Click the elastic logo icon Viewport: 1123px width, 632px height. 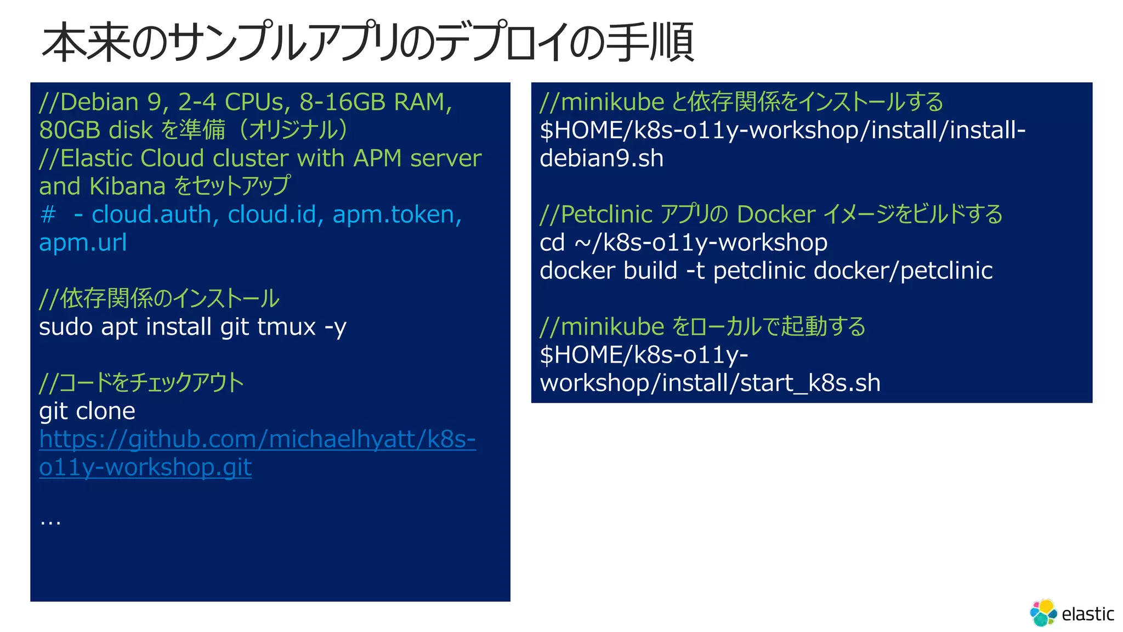[x=1043, y=612]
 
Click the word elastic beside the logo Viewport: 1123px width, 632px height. [x=1087, y=614]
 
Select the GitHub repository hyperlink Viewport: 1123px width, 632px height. [x=257, y=439]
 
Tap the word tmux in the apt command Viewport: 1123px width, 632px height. [x=286, y=327]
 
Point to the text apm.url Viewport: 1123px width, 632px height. [x=83, y=242]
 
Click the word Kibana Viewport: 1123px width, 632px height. [x=127, y=187]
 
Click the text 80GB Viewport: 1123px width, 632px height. [x=70, y=130]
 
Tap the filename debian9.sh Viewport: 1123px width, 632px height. [x=602, y=159]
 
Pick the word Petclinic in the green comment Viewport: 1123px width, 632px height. [x=607, y=215]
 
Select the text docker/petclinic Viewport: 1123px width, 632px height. [x=903, y=270]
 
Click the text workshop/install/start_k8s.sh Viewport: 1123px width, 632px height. [x=710, y=383]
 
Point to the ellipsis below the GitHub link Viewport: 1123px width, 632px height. [x=50, y=521]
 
